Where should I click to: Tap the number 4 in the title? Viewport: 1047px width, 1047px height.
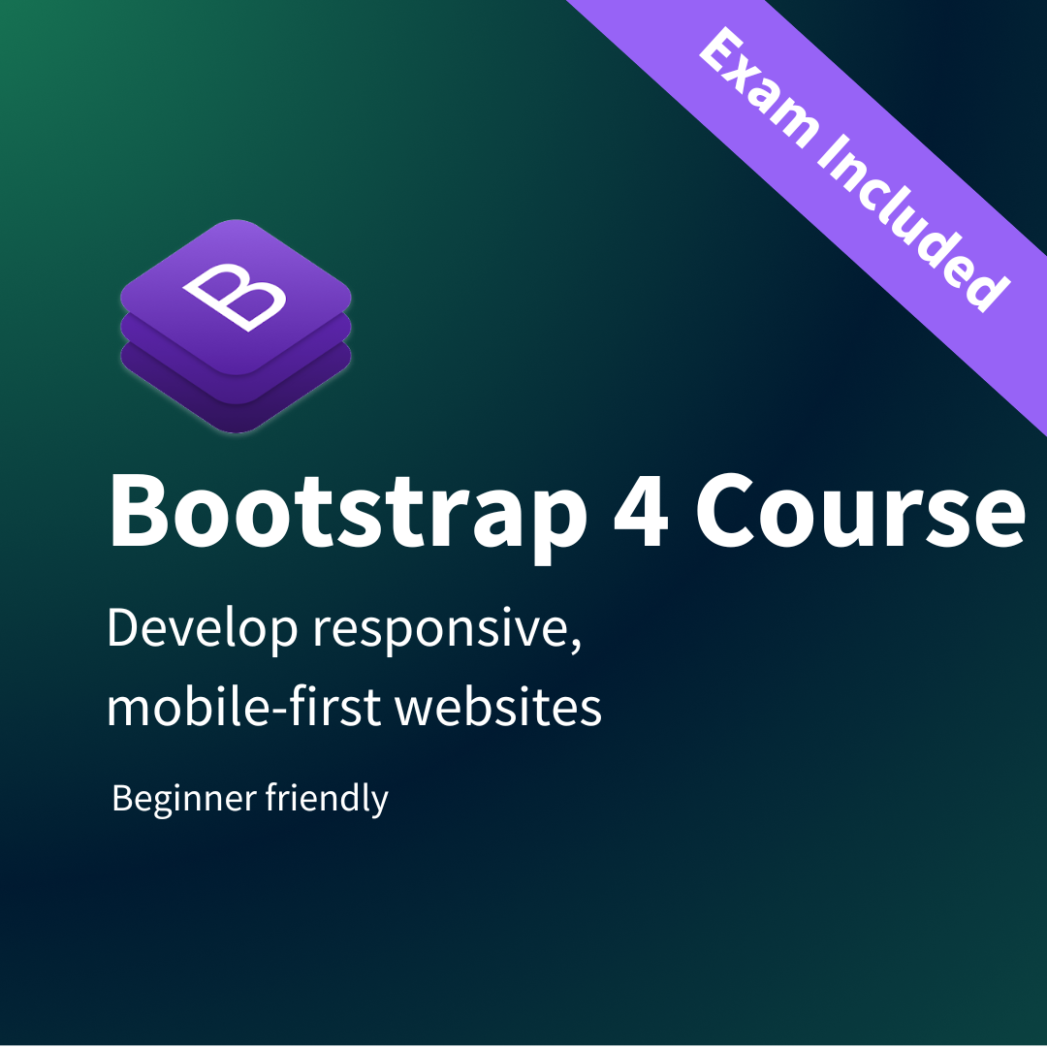(x=641, y=510)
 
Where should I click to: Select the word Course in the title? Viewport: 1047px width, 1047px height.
(x=861, y=510)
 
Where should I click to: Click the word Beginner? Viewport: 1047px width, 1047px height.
(x=184, y=799)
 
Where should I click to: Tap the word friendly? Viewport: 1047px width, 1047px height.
(x=327, y=798)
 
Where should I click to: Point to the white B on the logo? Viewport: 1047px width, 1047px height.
(x=235, y=297)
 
